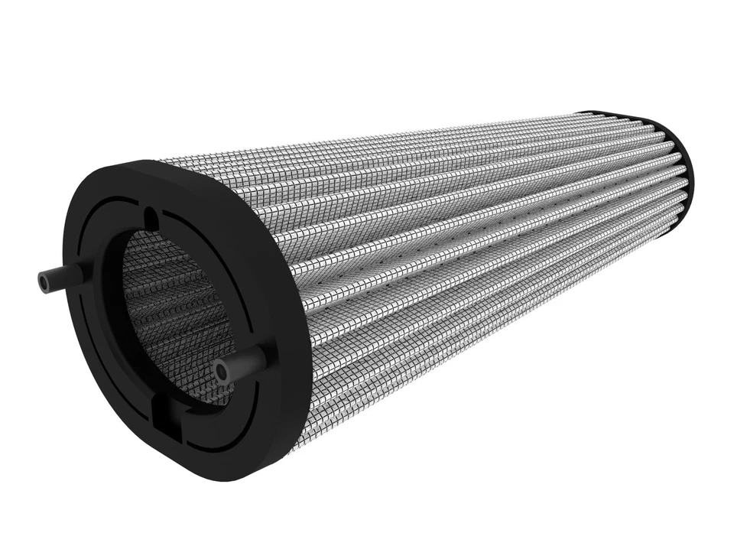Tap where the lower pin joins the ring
coord(260,356)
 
